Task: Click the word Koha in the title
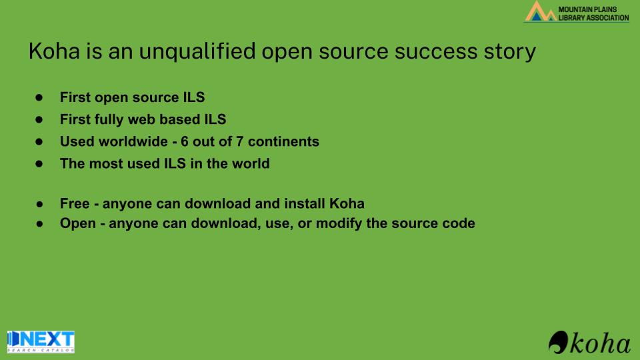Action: coord(54,51)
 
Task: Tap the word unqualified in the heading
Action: coord(197,52)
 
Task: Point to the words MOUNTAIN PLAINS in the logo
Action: coord(587,9)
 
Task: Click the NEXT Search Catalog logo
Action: coord(41,341)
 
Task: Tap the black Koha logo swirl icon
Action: coord(559,342)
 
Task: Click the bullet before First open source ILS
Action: coord(39,97)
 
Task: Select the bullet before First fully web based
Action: coord(39,119)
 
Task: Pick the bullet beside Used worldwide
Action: coord(39,141)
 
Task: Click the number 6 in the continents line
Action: coord(185,141)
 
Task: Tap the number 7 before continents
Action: coord(240,141)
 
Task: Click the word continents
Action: coord(284,141)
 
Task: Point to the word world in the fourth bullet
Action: coord(251,164)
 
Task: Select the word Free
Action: coord(75,204)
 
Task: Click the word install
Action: coord(305,204)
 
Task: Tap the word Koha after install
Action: coord(347,204)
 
